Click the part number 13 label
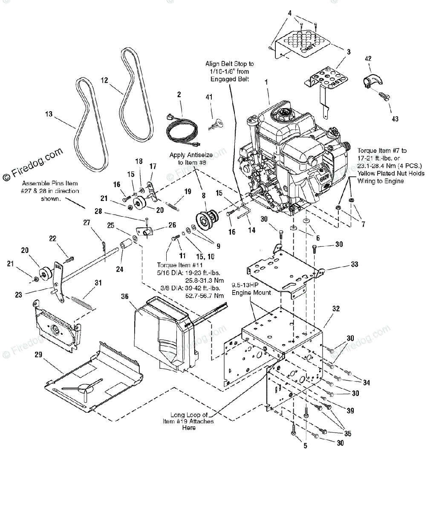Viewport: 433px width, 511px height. click(x=49, y=114)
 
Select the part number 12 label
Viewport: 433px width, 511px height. click(x=104, y=80)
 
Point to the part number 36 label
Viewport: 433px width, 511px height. click(x=124, y=296)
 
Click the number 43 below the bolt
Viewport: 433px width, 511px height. click(x=395, y=119)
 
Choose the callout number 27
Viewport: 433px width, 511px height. click(x=87, y=222)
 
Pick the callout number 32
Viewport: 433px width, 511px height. click(x=336, y=309)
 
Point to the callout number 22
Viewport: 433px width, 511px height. click(x=53, y=239)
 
